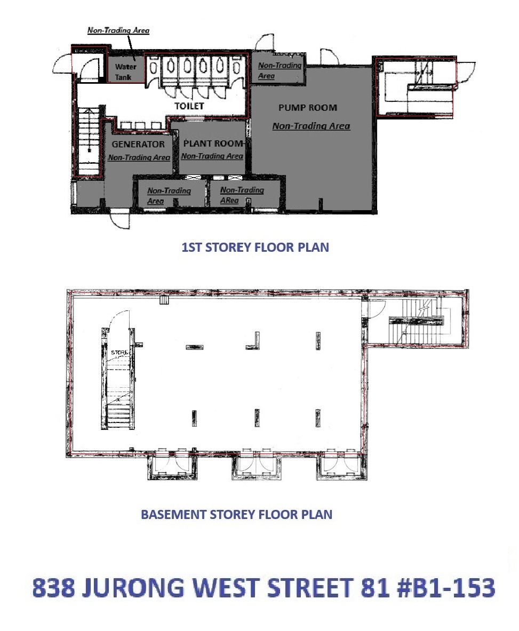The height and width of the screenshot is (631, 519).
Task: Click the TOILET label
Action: point(189,106)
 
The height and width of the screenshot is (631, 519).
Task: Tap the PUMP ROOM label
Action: point(308,107)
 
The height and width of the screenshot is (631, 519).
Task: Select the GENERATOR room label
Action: point(138,143)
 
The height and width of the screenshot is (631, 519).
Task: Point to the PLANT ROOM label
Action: point(213,143)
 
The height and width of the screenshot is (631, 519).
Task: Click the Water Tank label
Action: point(125,71)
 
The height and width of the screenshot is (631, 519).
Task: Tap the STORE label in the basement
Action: point(119,353)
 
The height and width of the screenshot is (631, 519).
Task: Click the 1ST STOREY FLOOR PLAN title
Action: point(255,246)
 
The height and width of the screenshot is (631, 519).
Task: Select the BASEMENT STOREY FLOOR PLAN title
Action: point(237,514)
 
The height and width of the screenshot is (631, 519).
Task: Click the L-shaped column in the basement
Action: point(253,341)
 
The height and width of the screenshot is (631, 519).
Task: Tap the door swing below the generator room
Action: point(121,220)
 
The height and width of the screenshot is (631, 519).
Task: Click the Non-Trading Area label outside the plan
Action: point(118,30)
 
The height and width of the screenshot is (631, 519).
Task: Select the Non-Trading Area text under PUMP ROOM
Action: point(311,126)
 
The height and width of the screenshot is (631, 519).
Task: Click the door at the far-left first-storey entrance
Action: point(63,63)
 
